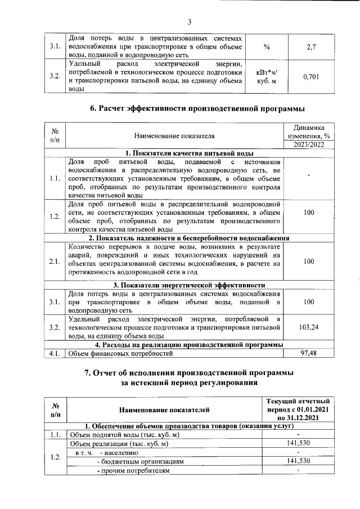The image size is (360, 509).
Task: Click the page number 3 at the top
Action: [x=190, y=22]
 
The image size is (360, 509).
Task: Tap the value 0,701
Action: [x=310, y=76]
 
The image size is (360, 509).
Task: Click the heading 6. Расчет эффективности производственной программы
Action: [x=189, y=109]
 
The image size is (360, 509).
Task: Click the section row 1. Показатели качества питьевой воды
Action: [x=189, y=153]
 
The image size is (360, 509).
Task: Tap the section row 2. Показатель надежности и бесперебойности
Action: [x=189, y=238]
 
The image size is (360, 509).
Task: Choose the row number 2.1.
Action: [x=54, y=262]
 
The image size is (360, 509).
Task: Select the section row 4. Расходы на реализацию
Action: [x=189, y=344]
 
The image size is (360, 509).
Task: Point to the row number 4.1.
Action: [x=54, y=353]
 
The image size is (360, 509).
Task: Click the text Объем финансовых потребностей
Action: [x=118, y=353]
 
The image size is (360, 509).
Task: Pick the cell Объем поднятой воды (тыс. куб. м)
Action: [x=124, y=434]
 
